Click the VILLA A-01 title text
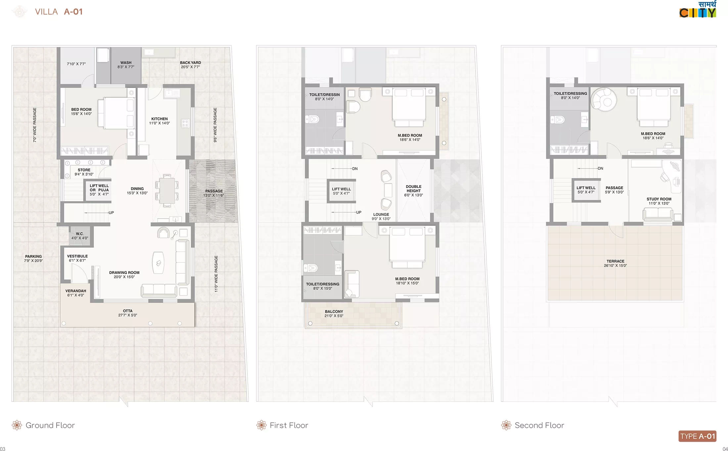(59, 12)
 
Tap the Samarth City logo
(698, 9)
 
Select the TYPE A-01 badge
(698, 436)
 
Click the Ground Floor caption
(50, 425)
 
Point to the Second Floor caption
(539, 425)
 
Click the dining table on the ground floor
(167, 191)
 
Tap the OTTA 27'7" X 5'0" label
(128, 313)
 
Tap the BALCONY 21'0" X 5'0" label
(334, 313)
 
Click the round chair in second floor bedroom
(604, 98)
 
